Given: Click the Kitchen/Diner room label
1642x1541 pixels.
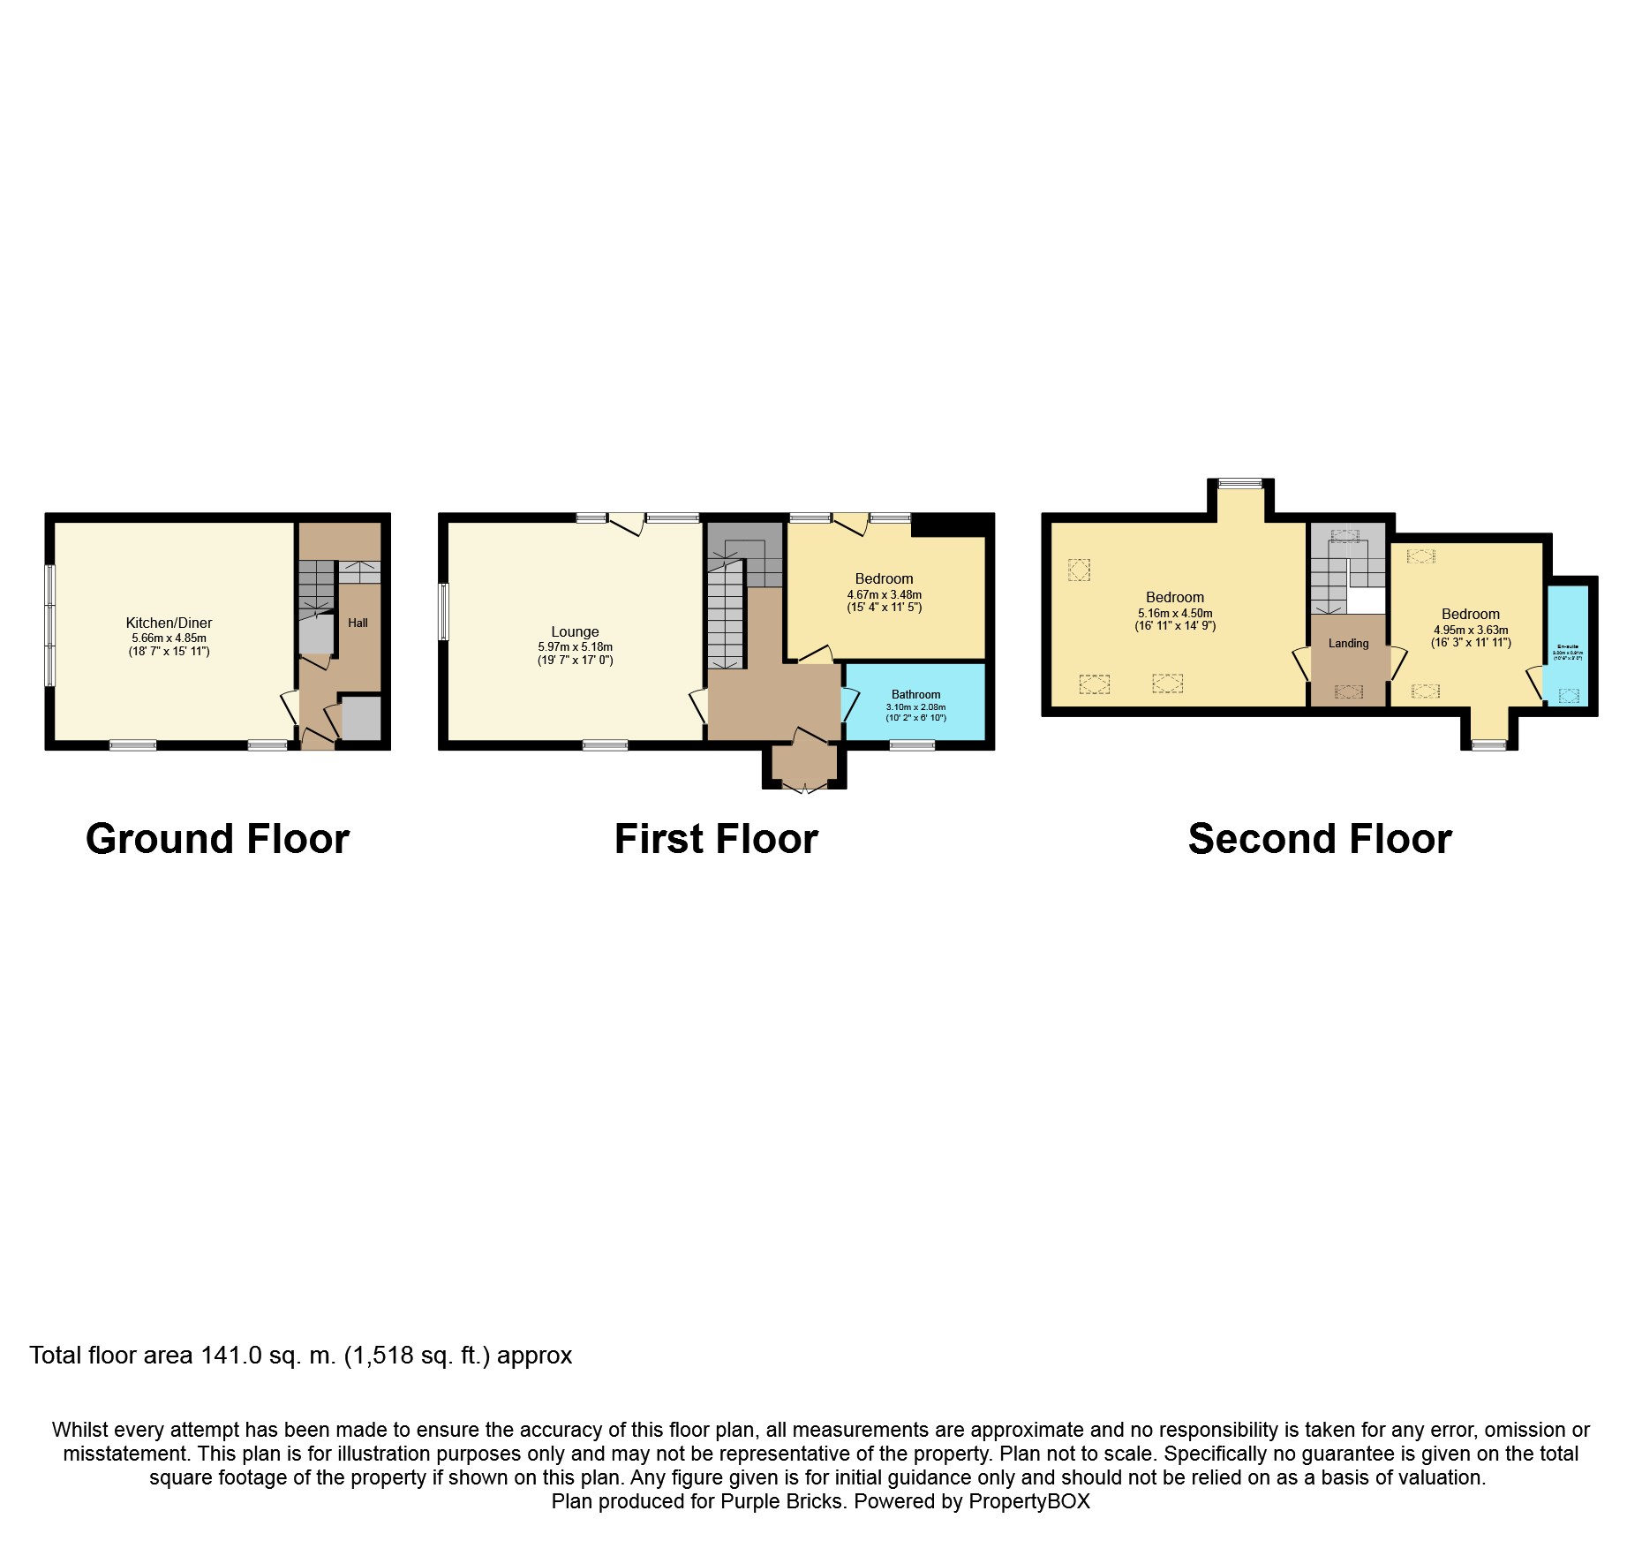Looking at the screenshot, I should click(169, 623).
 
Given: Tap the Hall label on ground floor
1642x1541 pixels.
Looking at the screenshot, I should click(358, 623).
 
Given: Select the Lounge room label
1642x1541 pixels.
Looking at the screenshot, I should click(575, 631).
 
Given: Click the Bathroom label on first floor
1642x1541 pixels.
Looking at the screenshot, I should click(915, 694).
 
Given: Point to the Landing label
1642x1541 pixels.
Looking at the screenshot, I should click(1348, 643).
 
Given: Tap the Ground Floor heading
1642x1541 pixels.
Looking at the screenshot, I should click(217, 839).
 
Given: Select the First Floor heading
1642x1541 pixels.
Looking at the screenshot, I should click(716, 839).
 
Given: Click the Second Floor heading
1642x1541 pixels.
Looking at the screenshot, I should click(1320, 839).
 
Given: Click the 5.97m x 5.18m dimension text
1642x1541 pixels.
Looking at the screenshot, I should click(575, 646).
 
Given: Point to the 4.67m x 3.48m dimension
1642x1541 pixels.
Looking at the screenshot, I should click(884, 594).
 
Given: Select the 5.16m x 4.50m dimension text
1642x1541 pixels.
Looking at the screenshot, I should click(1175, 613).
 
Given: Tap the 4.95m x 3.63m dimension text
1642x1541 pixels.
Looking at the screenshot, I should click(1471, 630).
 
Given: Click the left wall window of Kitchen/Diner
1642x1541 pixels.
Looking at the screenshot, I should click(50, 625).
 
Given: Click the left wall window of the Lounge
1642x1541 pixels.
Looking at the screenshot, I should click(444, 611).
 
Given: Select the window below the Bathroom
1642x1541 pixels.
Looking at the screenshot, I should click(912, 745).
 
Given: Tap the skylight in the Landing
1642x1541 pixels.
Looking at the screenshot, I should click(1348, 691).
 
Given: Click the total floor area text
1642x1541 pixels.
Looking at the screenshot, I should click(301, 1356).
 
